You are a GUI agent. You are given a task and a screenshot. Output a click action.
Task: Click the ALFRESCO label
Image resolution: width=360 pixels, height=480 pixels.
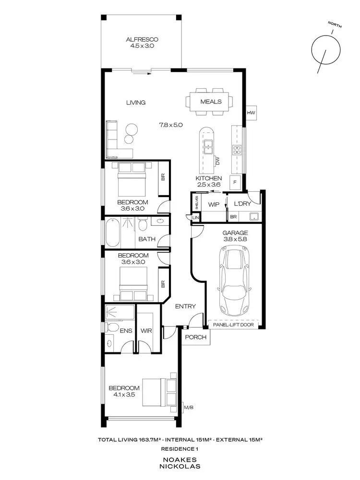(142, 39)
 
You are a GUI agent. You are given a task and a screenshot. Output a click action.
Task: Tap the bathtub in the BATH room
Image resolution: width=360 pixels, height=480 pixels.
(114, 232)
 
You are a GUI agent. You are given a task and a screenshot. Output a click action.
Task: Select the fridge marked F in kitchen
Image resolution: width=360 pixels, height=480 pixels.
(235, 182)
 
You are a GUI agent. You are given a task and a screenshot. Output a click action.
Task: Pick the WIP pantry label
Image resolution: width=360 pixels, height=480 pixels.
(214, 204)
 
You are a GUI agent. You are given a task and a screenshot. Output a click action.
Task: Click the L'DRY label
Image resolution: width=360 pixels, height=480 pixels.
(240, 204)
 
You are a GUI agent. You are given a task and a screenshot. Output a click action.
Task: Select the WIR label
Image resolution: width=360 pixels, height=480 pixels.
(146, 330)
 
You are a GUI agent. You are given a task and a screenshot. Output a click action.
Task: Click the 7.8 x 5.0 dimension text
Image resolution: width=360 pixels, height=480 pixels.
(171, 125)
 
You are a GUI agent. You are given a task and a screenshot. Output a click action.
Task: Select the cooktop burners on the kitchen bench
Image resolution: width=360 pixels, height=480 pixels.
(237, 149)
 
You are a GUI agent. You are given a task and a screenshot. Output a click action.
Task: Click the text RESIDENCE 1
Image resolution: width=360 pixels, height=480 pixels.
(180, 449)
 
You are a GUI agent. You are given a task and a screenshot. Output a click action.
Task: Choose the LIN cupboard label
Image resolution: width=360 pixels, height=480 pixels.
(195, 217)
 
